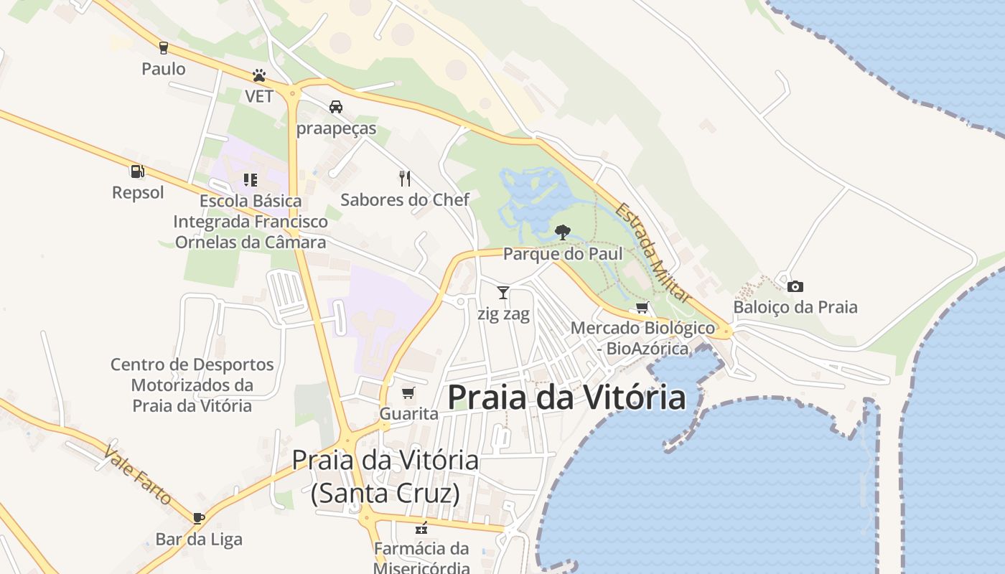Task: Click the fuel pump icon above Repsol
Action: (x=137, y=171)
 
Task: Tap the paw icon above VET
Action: (x=259, y=75)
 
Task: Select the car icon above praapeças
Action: (x=335, y=107)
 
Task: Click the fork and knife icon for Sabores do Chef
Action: (x=405, y=178)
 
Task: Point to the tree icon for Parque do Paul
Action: (x=563, y=232)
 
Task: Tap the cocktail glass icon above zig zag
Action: (x=503, y=292)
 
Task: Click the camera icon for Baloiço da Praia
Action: (x=795, y=286)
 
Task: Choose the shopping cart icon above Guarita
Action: (x=408, y=392)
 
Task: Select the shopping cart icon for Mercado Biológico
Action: (x=642, y=308)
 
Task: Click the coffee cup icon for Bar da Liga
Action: (x=199, y=517)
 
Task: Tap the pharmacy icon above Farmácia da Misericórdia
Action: (x=421, y=529)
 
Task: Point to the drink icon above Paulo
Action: (x=164, y=48)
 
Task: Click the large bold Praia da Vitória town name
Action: (x=567, y=397)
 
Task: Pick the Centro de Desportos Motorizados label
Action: (x=192, y=385)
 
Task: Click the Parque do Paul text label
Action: (x=563, y=254)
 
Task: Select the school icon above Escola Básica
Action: (x=250, y=179)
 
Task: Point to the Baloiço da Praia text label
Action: (x=795, y=307)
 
